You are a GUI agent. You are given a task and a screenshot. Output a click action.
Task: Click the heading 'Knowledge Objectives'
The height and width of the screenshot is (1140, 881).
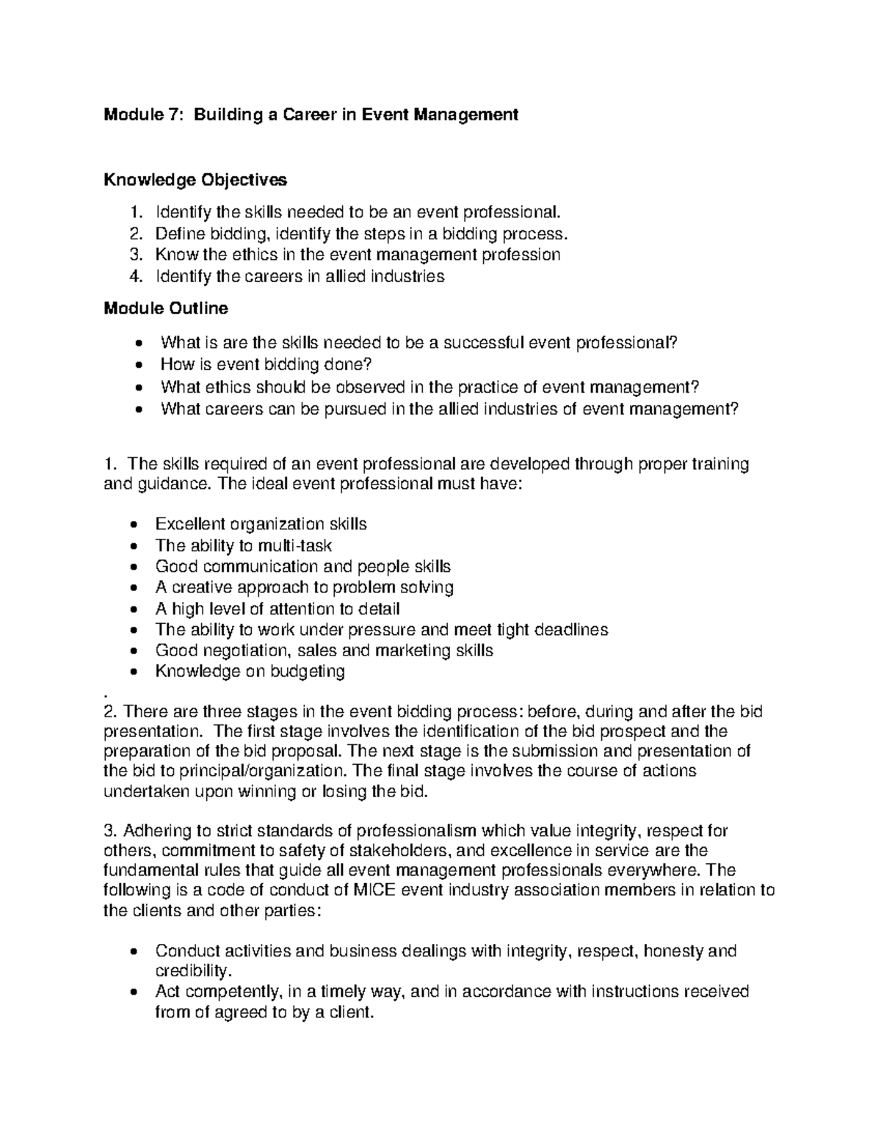pyautogui.click(x=195, y=180)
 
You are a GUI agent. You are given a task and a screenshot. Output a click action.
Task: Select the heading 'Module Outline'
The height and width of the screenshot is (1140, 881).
pyautogui.click(x=165, y=308)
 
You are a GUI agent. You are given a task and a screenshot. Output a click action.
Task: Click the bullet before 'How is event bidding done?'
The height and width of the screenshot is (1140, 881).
pyautogui.click(x=139, y=366)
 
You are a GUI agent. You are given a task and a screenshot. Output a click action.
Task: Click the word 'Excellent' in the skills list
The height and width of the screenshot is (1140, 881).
pyautogui.click(x=190, y=524)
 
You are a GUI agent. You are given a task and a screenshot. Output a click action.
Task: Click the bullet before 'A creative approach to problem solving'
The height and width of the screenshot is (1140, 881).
pyautogui.click(x=132, y=588)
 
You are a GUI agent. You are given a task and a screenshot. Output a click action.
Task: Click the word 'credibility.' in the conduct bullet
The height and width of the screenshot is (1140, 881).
pyautogui.click(x=193, y=971)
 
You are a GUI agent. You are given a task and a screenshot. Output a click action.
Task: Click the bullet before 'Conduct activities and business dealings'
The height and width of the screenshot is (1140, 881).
pyautogui.click(x=132, y=952)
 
